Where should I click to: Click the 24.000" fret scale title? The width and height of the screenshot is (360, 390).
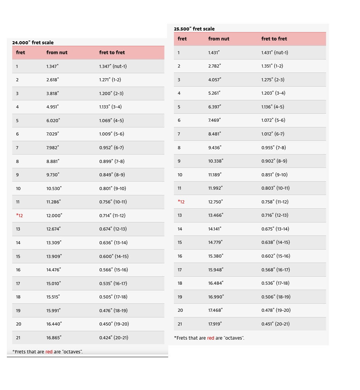pyautogui.click(x=33, y=42)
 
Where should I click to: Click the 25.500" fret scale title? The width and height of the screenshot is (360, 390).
pyautogui.click(x=194, y=29)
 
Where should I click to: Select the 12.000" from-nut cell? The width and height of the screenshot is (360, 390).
pyautogui.click(x=54, y=216)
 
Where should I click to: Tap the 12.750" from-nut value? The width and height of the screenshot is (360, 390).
pyautogui.click(x=215, y=202)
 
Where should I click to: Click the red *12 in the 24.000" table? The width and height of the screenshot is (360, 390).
pyautogui.click(x=19, y=216)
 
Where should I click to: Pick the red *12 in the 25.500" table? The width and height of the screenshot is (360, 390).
pyautogui.click(x=181, y=202)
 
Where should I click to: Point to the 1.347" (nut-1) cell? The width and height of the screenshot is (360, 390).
pyautogui.click(x=113, y=66)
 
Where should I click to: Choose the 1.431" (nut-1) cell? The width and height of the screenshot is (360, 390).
pyautogui.click(x=275, y=53)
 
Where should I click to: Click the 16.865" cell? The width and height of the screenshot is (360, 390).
pyautogui.click(x=54, y=338)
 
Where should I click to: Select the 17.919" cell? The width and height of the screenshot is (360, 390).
pyautogui.click(x=215, y=324)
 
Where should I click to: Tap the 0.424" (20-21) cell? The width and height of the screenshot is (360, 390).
pyautogui.click(x=114, y=338)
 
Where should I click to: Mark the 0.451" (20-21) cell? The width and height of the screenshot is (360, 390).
pyautogui.click(x=275, y=324)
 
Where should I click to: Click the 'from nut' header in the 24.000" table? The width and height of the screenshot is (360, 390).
pyautogui.click(x=57, y=53)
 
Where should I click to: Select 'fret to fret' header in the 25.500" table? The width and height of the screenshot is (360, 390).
pyautogui.click(x=274, y=39)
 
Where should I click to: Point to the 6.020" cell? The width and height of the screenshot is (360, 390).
pyautogui.click(x=53, y=121)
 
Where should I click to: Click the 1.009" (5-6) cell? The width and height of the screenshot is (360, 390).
pyautogui.click(x=112, y=134)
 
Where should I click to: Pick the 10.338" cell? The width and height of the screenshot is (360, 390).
pyautogui.click(x=215, y=161)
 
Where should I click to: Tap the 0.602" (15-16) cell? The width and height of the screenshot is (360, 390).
pyautogui.click(x=276, y=256)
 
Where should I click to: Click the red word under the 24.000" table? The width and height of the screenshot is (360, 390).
pyautogui.click(x=49, y=352)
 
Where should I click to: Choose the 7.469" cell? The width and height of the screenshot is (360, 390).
pyautogui.click(x=214, y=120)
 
